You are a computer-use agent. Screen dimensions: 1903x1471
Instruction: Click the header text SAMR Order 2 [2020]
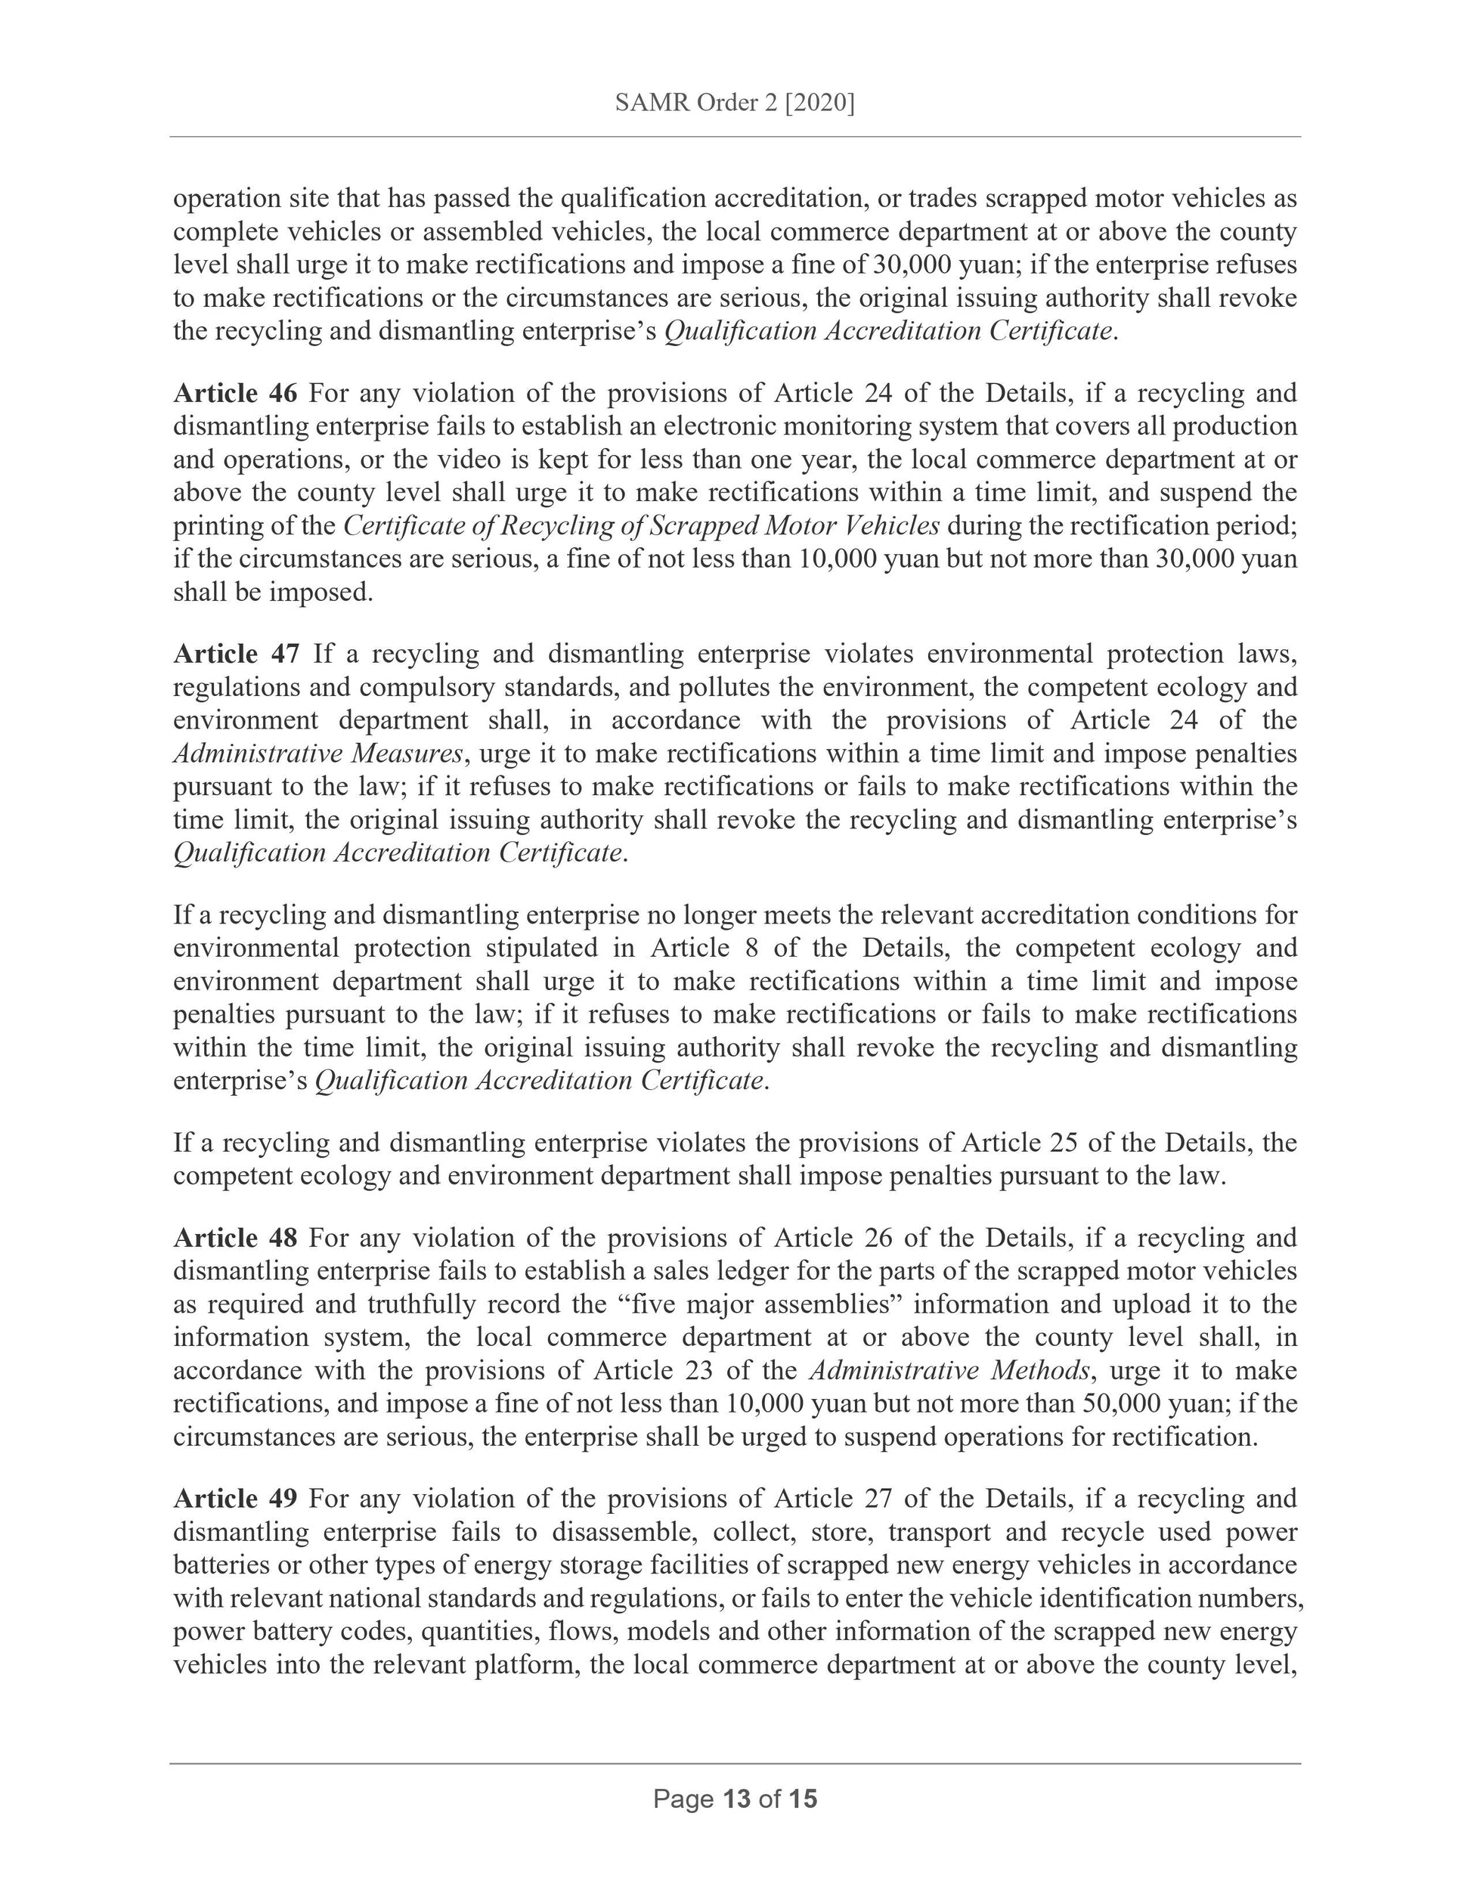(734, 103)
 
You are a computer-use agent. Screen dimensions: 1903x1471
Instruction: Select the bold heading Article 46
(235, 393)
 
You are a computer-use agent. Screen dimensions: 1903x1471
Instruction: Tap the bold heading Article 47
(236, 654)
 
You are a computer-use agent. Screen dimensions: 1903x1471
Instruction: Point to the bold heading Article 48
(235, 1237)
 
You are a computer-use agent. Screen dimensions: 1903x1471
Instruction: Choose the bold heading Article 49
(235, 1498)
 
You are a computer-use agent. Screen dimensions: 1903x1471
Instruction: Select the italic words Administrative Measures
(317, 753)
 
